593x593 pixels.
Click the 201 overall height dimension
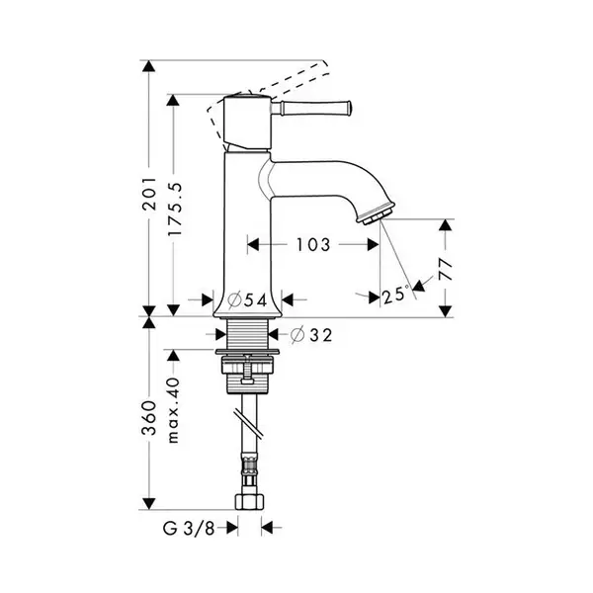pos(150,194)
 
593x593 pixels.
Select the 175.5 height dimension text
pos(175,210)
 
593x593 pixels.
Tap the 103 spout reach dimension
pos(312,245)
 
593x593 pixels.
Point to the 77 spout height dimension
pos(447,269)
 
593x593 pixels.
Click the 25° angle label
pos(395,295)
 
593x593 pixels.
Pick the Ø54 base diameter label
pos(248,300)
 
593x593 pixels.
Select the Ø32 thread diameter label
pos(311,335)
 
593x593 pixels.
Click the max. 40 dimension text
pos(174,410)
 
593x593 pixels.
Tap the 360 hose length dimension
pos(149,418)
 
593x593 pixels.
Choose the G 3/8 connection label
pos(189,528)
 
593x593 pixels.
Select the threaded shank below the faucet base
pos(248,333)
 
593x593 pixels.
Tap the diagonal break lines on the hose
pos(248,424)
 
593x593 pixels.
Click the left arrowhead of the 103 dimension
pos(253,245)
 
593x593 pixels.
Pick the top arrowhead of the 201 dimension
pos(149,66)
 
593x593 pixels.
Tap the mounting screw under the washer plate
pos(248,370)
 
